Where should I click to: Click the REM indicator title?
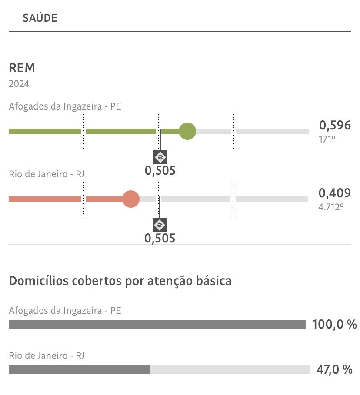click(x=22, y=68)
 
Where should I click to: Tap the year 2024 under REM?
click(x=19, y=83)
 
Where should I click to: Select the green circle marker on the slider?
click(x=187, y=131)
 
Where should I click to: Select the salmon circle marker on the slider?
click(x=130, y=199)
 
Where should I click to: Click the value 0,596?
click(x=335, y=126)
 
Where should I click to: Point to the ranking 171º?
click(x=328, y=139)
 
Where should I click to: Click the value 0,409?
click(x=335, y=193)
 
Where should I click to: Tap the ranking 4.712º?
click(x=331, y=207)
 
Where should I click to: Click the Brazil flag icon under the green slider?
click(x=160, y=157)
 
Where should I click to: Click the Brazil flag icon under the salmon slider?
click(x=160, y=225)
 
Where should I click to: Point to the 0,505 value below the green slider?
click(x=160, y=170)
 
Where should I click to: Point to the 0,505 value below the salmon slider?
click(x=160, y=238)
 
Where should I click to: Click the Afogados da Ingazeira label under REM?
click(x=65, y=106)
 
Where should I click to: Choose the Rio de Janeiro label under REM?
click(x=47, y=174)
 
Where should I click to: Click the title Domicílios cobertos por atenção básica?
click(x=120, y=281)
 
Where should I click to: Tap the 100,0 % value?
click(x=334, y=324)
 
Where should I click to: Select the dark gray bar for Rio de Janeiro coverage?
click(x=79, y=369)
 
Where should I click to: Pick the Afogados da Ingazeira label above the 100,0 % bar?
click(x=65, y=311)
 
